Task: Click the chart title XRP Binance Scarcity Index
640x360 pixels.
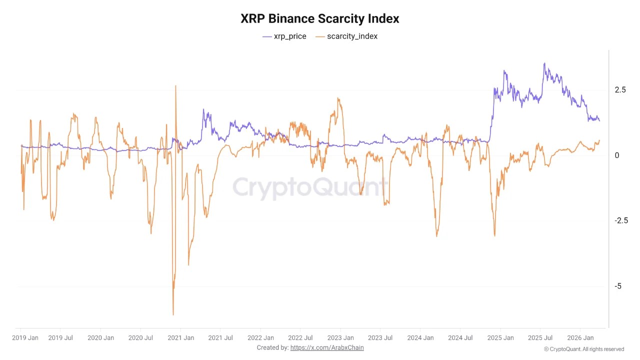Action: [320, 19]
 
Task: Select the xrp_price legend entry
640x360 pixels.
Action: [284, 36]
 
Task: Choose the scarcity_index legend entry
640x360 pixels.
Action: [347, 36]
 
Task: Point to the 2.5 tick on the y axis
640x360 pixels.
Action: [620, 90]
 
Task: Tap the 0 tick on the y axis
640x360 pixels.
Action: [617, 155]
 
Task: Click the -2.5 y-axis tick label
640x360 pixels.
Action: [621, 221]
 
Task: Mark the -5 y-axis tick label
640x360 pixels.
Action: [618, 286]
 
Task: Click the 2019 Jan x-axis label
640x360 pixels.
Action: [25, 338]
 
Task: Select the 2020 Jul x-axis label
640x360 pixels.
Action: [140, 338]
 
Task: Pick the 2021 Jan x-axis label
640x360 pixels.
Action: [180, 338]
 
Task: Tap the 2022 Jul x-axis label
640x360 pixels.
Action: [300, 338]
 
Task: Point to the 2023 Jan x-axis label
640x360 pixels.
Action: [340, 338]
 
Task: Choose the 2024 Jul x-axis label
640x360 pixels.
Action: [460, 338]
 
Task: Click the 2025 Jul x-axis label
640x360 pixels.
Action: [540, 338]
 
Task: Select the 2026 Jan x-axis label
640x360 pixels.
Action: [580, 338]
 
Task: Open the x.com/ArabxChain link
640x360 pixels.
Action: [327, 347]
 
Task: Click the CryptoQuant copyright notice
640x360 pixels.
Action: [584, 349]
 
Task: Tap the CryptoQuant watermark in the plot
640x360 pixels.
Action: [310, 188]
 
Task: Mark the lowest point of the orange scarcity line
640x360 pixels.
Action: [173, 314]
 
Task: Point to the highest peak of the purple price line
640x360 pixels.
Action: [544, 63]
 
